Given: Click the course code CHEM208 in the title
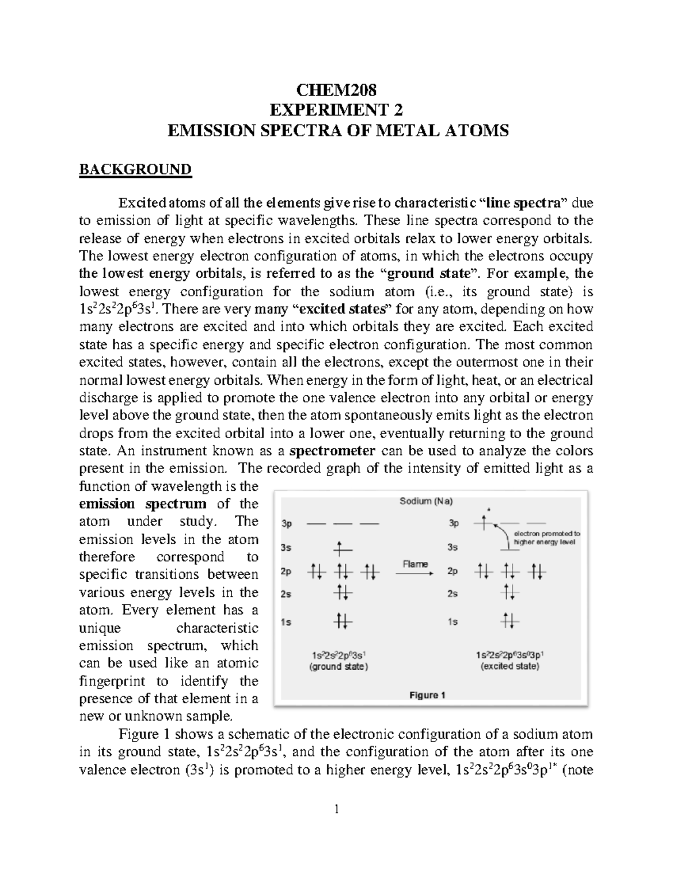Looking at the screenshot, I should point(336,90).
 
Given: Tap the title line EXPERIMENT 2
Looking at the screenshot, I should point(336,110).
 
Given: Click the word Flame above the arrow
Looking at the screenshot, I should point(415,564).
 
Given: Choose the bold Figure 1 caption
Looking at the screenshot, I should point(427,695).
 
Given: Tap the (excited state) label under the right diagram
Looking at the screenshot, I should point(510,666).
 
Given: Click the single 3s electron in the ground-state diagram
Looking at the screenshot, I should point(339,547).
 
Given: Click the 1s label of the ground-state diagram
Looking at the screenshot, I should point(286,622).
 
